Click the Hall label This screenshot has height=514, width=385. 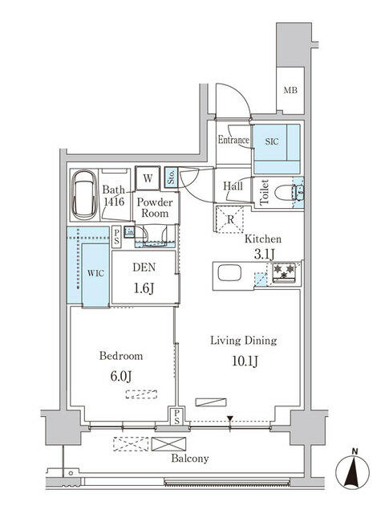tap(233, 186)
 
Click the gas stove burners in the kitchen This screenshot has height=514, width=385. tap(284, 273)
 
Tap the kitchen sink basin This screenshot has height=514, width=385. tap(226, 273)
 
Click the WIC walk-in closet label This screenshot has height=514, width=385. tap(95, 272)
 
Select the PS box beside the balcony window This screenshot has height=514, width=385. tap(174, 414)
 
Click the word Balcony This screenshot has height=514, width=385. tap(189, 459)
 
